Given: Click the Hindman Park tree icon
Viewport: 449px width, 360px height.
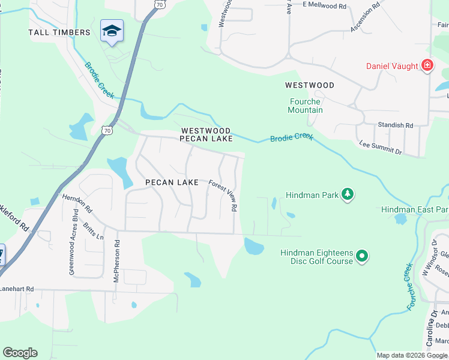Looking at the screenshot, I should click(347, 194).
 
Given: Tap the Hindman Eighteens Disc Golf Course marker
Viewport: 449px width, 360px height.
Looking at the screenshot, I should click(361, 256).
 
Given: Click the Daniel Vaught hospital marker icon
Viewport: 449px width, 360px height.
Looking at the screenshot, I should click(427, 65).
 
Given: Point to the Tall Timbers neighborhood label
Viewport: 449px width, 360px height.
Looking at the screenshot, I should click(59, 32).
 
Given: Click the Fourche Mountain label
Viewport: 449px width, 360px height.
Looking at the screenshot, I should click(306, 106).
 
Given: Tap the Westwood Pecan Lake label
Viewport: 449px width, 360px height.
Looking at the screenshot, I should click(206, 134).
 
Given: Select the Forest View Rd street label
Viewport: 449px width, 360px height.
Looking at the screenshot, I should click(223, 196).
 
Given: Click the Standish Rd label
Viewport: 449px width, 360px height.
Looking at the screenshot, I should click(395, 125).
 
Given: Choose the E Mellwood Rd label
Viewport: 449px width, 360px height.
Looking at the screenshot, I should click(325, 5).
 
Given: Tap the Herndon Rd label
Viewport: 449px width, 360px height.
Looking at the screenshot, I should click(77, 203).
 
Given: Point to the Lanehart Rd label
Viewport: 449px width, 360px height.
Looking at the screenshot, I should click(17, 289).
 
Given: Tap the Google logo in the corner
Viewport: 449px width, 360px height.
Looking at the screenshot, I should click(20, 353).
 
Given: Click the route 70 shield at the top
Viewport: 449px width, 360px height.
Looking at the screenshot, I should click(158, 4).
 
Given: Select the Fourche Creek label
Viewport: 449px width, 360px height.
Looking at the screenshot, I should click(410, 286).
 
